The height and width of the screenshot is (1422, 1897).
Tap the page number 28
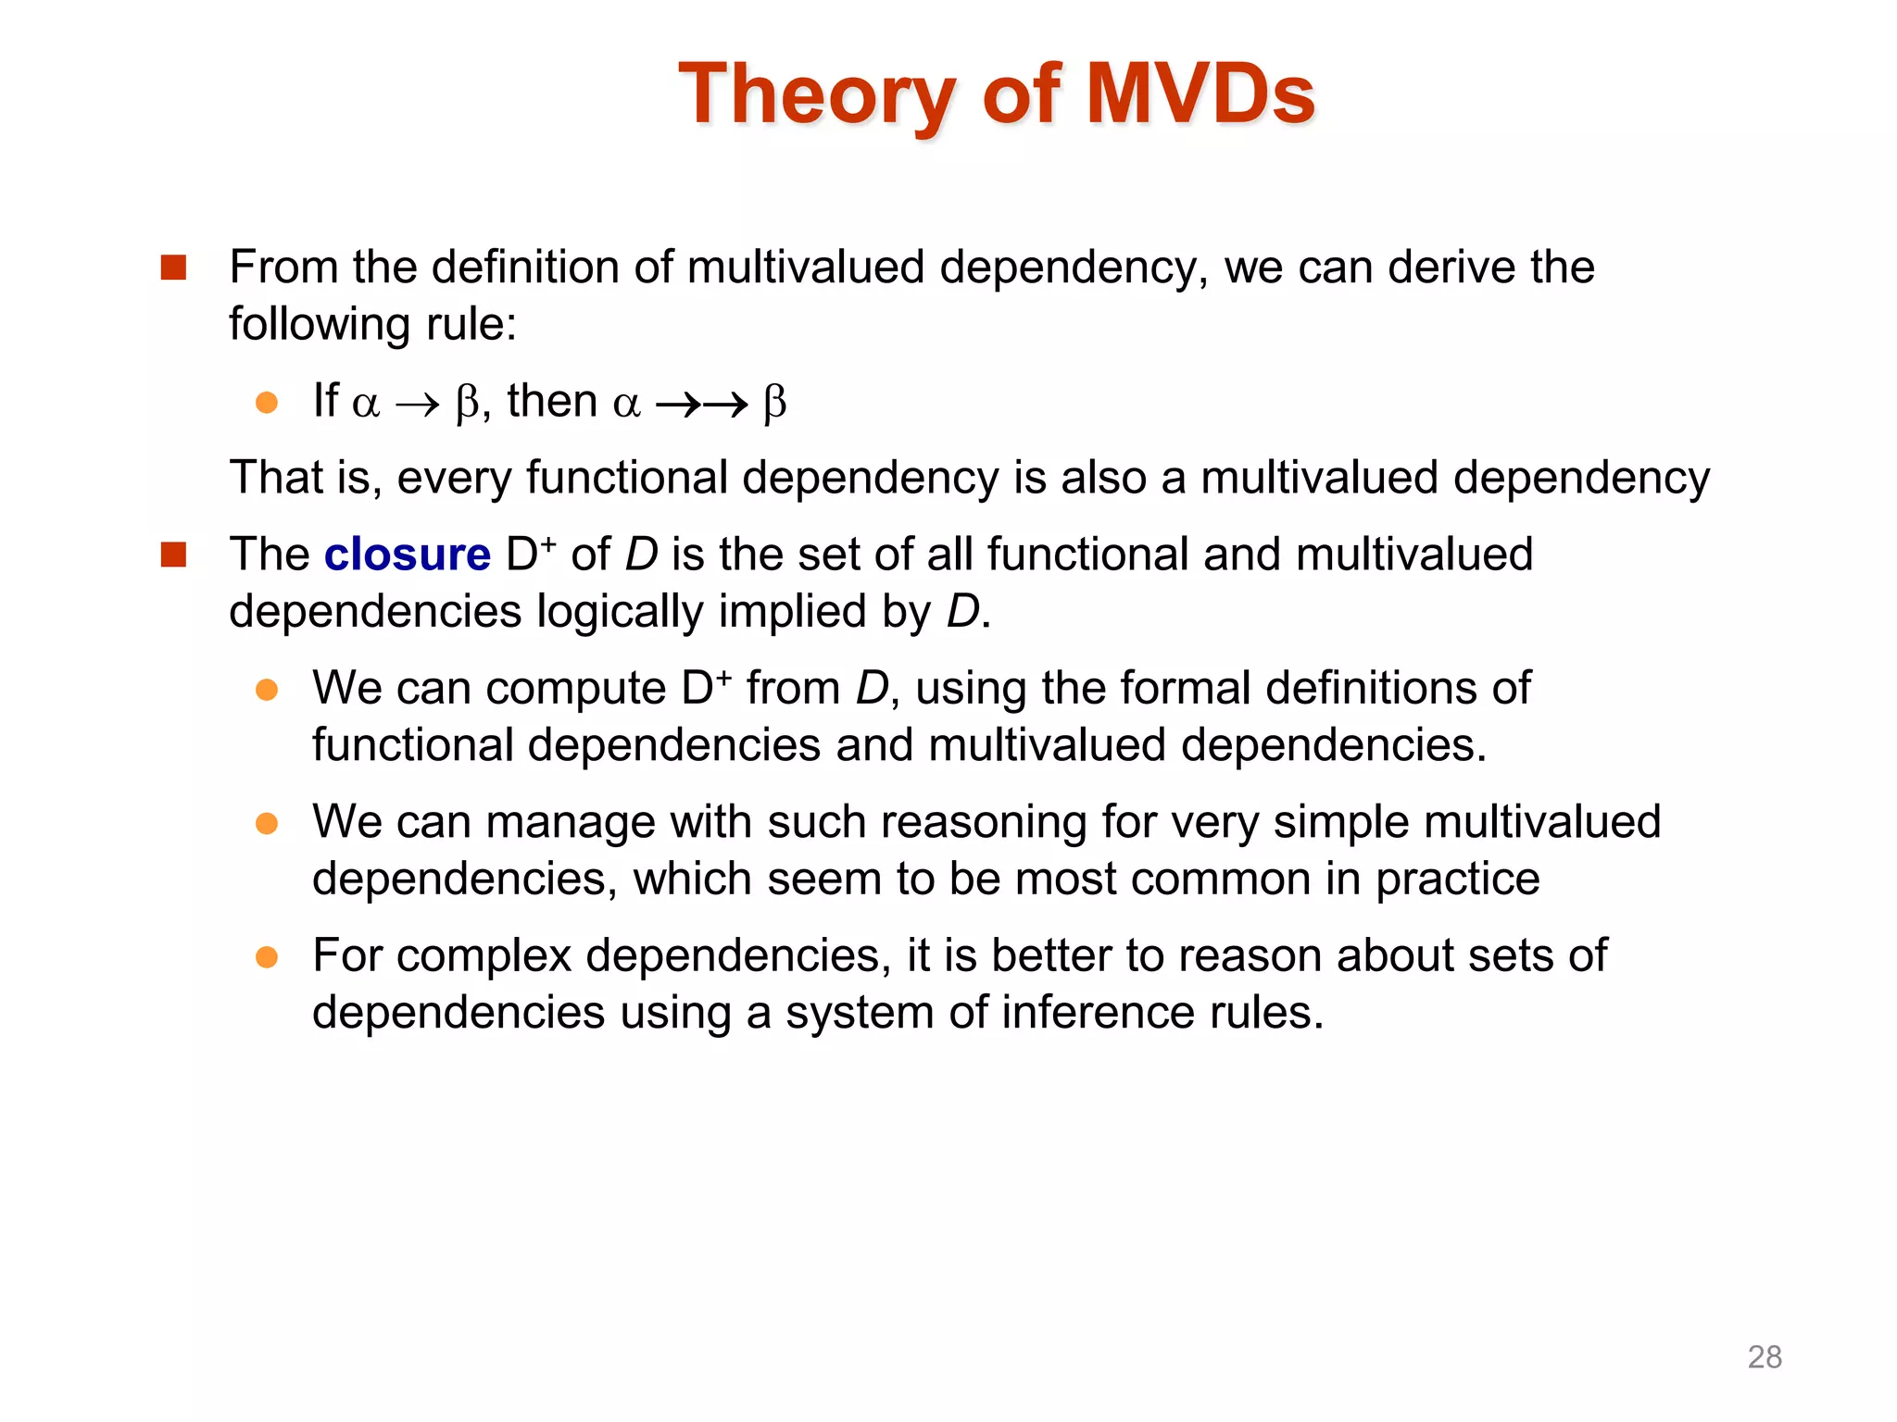click(x=1764, y=1356)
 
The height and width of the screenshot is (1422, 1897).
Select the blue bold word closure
click(x=407, y=555)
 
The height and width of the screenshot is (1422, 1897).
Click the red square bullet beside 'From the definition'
click(x=173, y=268)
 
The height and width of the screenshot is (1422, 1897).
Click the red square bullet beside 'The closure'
click(x=173, y=555)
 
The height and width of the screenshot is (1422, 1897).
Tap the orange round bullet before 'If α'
click(x=267, y=403)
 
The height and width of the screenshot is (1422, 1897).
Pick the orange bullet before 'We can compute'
click(x=267, y=690)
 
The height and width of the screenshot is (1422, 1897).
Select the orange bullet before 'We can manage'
click(x=267, y=823)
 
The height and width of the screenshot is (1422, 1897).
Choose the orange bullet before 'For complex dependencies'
click(x=267, y=956)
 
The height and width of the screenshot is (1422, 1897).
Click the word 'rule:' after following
click(x=471, y=325)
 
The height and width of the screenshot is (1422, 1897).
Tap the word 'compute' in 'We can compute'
click(x=575, y=690)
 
